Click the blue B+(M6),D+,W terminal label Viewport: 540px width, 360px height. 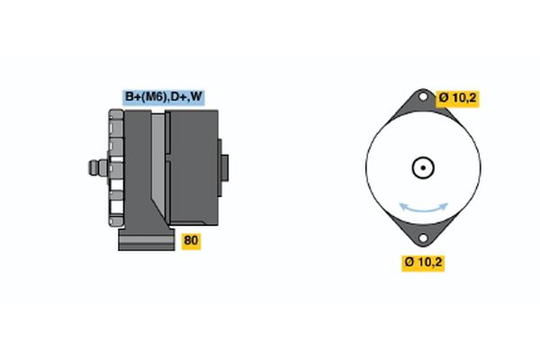tap(164, 97)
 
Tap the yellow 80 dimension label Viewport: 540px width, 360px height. tap(191, 241)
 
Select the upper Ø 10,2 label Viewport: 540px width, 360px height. tap(457, 98)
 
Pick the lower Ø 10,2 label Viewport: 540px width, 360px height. tap(423, 263)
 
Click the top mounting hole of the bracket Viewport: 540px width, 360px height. tap(423, 97)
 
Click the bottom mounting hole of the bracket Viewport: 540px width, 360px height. tap(423, 238)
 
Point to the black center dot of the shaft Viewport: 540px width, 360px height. tap(423, 167)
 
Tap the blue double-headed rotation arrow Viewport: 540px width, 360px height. tap(423, 208)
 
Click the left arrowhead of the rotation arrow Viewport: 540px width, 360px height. tap(403, 206)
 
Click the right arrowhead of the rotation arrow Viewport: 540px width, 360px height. tap(444, 206)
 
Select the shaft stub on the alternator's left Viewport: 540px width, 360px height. tap(98, 167)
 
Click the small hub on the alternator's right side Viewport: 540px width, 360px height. tap(223, 167)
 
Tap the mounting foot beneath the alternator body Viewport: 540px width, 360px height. tap(147, 238)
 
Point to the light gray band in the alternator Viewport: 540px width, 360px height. tap(158, 162)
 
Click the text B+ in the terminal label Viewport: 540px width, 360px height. tap(131, 97)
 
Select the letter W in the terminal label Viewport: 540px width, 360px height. tap(196, 96)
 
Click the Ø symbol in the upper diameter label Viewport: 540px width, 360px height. tap(443, 98)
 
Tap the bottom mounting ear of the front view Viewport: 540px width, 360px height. tap(423, 233)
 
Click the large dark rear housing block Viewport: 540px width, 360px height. tap(193, 167)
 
